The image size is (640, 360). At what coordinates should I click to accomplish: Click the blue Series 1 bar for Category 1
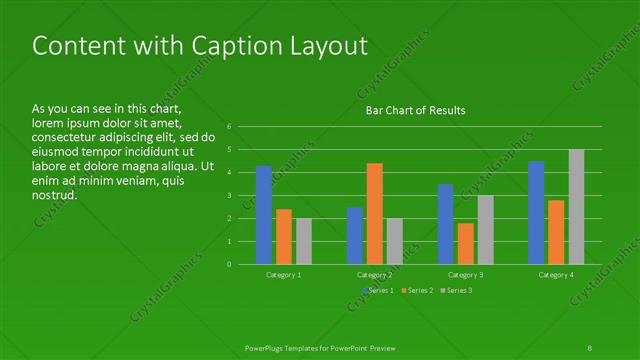click(264, 215)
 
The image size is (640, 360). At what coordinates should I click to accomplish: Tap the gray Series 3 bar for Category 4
click(576, 207)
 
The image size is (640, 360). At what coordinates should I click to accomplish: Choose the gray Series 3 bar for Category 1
click(303, 241)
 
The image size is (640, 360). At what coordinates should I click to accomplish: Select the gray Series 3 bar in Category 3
click(485, 229)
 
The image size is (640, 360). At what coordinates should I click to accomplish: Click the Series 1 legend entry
click(377, 290)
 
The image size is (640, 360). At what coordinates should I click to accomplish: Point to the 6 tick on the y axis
click(229, 127)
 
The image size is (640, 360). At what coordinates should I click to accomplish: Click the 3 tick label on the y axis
click(229, 195)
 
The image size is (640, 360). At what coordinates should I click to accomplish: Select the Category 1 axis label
click(284, 274)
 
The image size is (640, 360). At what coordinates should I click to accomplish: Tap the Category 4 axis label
click(556, 274)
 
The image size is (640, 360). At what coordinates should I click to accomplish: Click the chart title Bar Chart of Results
click(415, 110)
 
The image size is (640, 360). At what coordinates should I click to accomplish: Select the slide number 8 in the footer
click(590, 346)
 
